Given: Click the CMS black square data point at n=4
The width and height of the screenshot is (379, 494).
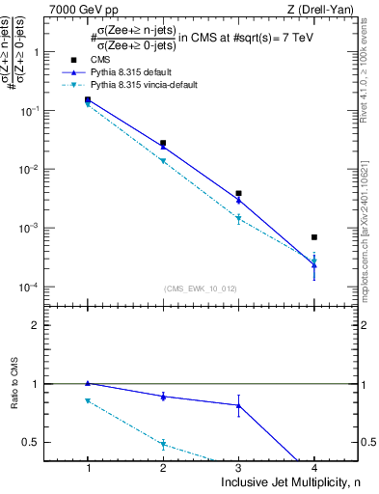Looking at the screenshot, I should click(314, 236).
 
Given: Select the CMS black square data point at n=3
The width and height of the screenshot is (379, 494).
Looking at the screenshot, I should click(239, 193).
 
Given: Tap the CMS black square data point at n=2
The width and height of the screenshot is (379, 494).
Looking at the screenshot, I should click(163, 143).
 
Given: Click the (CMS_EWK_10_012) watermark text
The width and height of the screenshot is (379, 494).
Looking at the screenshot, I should click(201, 288).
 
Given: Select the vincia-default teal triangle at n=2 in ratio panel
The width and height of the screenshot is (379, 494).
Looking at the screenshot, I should click(163, 445).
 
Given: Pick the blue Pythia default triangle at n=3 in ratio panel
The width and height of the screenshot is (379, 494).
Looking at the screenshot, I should click(239, 405).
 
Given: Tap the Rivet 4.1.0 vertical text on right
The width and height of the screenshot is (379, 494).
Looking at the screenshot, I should click(370, 68).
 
